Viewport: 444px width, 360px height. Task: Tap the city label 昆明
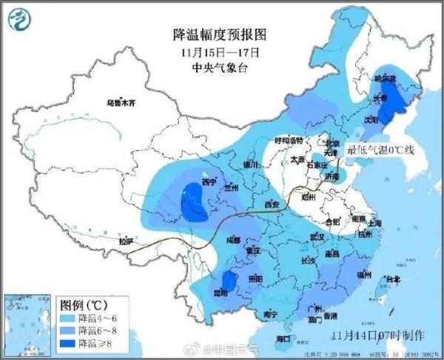click(219, 293)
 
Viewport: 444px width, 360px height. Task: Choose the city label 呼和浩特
click(289, 141)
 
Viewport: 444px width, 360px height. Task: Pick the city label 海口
click(283, 338)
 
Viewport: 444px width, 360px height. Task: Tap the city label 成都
click(234, 240)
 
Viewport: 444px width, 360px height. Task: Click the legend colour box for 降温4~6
click(67, 318)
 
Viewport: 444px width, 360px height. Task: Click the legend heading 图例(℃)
click(84, 304)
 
